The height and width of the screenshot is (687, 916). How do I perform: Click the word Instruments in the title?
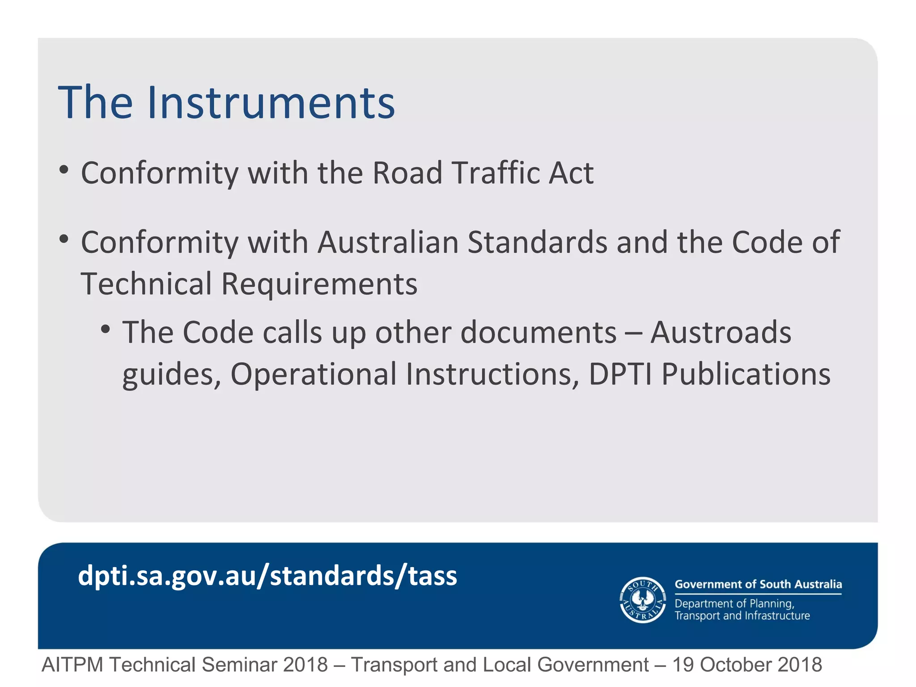point(271,103)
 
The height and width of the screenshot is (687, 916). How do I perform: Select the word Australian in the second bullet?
point(388,242)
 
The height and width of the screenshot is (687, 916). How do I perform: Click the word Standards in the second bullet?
point(537,242)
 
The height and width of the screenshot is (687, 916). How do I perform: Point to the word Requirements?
point(319,284)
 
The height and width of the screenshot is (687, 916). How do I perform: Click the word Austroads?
point(721,333)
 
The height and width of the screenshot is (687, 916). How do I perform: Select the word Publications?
point(746,374)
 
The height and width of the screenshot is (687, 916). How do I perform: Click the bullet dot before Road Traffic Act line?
point(64,170)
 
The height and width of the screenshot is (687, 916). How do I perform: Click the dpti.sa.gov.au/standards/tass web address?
point(267,576)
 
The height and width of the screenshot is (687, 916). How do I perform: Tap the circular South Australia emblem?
point(643,600)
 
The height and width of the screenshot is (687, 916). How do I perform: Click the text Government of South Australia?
point(758,584)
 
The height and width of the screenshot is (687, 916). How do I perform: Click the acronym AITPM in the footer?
point(72,665)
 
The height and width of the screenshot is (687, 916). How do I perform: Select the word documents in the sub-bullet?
point(538,333)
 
